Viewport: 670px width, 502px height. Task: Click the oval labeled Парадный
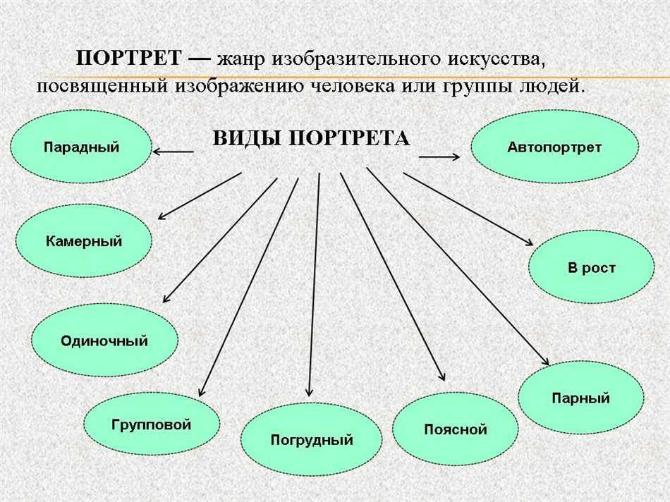coord(81,147)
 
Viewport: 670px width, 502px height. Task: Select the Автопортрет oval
coord(554,147)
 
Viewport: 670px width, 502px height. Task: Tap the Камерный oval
coord(84,241)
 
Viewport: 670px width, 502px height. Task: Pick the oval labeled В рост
coord(581,268)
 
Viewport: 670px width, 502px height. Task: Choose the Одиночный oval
coord(104,341)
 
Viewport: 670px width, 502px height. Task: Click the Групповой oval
coord(151,424)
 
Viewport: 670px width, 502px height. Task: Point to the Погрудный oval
coord(311,441)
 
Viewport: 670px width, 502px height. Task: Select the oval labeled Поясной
coord(455,429)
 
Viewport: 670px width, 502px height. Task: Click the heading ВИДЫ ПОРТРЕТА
coord(311,138)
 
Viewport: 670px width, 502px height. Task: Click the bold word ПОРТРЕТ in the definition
coord(128,58)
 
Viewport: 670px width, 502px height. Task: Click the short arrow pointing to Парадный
coord(173,151)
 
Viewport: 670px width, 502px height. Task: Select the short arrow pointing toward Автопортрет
coord(440,157)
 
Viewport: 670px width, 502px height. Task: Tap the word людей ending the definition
coord(556,86)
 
